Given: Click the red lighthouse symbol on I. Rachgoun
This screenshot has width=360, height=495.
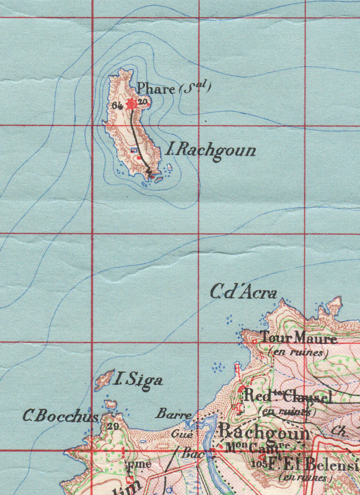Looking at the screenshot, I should [x=131, y=104].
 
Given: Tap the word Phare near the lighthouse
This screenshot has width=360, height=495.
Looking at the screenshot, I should [x=155, y=88].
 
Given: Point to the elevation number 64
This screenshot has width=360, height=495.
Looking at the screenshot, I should [x=118, y=106].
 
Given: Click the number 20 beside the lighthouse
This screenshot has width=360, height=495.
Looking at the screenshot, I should [x=142, y=102].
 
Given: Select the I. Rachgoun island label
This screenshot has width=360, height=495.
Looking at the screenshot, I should [x=211, y=150].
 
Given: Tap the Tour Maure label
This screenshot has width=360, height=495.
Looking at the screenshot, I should [x=298, y=338].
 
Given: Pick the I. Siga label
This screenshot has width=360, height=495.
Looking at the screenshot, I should [x=137, y=381].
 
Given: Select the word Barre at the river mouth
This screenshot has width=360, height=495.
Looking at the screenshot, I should [x=174, y=414].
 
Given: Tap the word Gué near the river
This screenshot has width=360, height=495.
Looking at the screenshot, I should [x=182, y=434].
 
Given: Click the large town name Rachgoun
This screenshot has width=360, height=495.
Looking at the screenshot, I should [x=264, y=432].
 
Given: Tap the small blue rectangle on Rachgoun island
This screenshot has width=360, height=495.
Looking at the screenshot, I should [x=134, y=150].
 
